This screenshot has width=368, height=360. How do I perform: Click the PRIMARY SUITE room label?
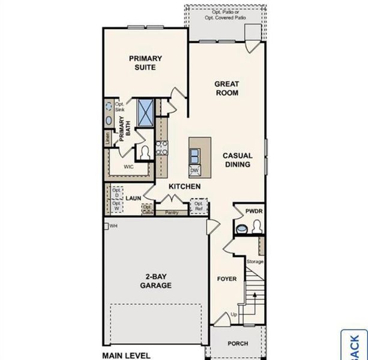[145, 62]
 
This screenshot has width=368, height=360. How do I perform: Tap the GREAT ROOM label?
[226, 88]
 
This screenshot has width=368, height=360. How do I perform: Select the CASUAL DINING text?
[238, 160]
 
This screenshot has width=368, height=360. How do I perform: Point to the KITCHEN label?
[184, 187]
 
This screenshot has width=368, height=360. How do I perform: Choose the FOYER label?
[226, 279]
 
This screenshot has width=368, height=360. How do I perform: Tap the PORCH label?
[237, 344]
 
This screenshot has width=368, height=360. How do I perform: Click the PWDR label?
[253, 211]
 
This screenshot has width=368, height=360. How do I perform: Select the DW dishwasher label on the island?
[194, 170]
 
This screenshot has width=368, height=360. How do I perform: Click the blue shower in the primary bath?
[145, 112]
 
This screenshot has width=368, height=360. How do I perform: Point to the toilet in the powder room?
[257, 227]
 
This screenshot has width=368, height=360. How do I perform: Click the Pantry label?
[172, 212]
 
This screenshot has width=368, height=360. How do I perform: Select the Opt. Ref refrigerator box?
[198, 207]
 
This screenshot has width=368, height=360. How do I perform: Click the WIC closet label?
[128, 166]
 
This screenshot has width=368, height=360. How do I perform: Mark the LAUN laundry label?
[133, 197]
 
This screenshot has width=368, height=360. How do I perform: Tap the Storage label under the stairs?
[255, 262]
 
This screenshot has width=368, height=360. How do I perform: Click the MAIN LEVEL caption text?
[126, 355]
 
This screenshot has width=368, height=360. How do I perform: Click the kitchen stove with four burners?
[161, 148]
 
